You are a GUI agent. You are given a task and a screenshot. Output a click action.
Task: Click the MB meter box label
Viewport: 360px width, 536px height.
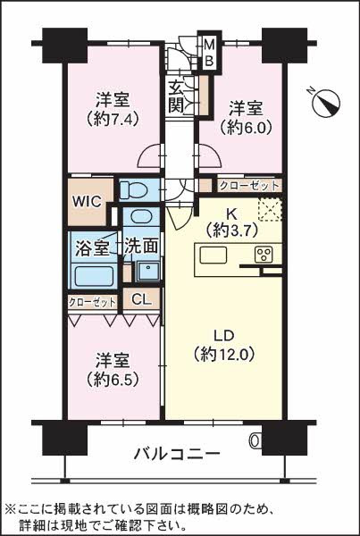tap(209, 53)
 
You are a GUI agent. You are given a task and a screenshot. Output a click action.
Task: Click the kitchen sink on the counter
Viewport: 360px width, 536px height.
tap(213, 255)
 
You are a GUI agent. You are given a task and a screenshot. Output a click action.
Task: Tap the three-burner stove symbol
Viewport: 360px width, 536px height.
tap(264, 255)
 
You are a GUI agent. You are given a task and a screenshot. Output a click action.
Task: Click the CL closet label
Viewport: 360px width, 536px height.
tap(141, 300)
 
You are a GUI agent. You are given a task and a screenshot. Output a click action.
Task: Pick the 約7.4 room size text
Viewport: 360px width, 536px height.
tap(113, 120)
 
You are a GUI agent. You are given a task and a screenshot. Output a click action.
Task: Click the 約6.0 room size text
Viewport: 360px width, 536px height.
tap(246, 128)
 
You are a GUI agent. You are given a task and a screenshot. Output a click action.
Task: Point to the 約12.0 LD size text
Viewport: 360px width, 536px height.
tap(223, 355)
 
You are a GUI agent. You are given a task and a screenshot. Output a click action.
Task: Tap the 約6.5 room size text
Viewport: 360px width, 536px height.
tap(113, 379)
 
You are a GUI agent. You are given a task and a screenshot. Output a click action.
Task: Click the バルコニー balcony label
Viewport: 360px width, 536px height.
tap(176, 454)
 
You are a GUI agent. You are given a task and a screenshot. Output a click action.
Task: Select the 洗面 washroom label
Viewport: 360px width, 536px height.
tap(141, 247)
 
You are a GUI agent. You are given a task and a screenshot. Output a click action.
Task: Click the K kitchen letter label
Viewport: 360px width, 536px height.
tap(231, 215)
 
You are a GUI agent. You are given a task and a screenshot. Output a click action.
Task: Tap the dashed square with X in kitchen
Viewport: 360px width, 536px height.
tap(270, 210)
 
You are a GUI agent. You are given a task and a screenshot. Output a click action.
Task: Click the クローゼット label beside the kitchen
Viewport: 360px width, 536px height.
tap(249, 186)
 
